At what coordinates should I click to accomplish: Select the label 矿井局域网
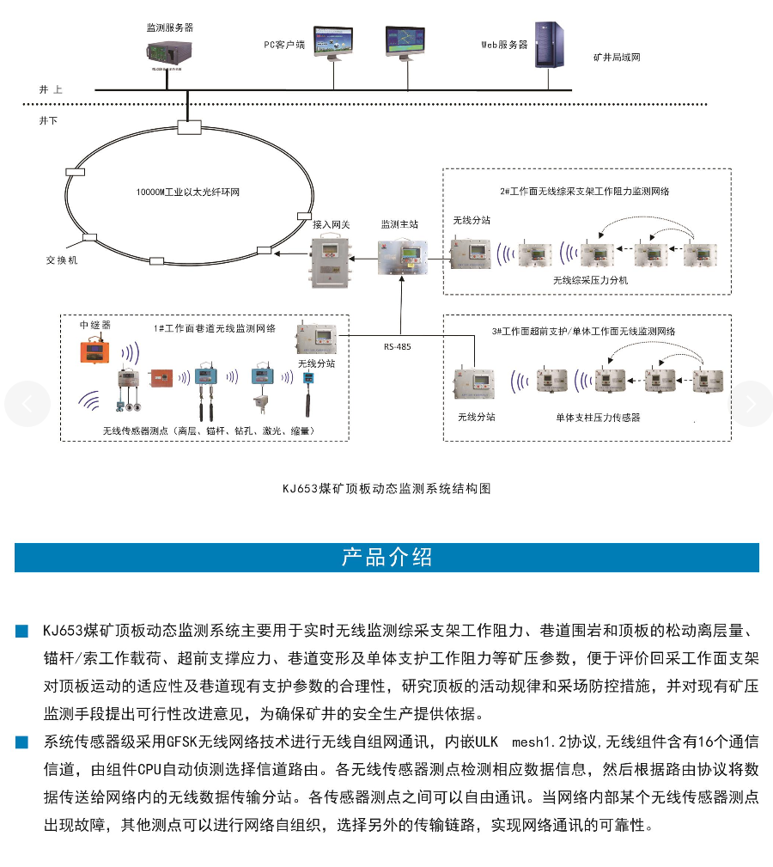pyautogui.click(x=617, y=58)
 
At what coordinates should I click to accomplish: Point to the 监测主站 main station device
pyautogui.click(x=401, y=255)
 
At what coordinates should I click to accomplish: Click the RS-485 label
pyautogui.click(x=397, y=347)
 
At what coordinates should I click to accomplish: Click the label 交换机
pyautogui.click(x=62, y=259)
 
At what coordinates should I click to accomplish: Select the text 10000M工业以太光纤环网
pyautogui.click(x=188, y=192)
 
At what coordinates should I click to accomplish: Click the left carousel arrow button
pyautogui.click(x=27, y=404)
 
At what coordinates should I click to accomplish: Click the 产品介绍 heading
pyautogui.click(x=386, y=557)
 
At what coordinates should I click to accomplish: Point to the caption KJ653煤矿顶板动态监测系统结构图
pyautogui.click(x=386, y=488)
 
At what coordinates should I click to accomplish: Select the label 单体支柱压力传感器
pyautogui.click(x=598, y=417)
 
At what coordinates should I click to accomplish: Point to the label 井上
pyautogui.click(x=51, y=89)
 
